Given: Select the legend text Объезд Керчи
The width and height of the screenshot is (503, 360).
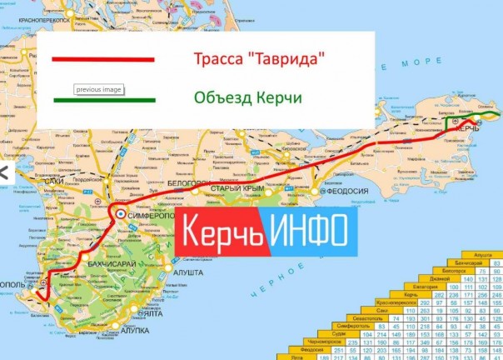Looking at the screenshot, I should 247,97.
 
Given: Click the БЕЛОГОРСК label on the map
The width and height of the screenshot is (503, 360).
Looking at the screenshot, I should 187,183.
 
